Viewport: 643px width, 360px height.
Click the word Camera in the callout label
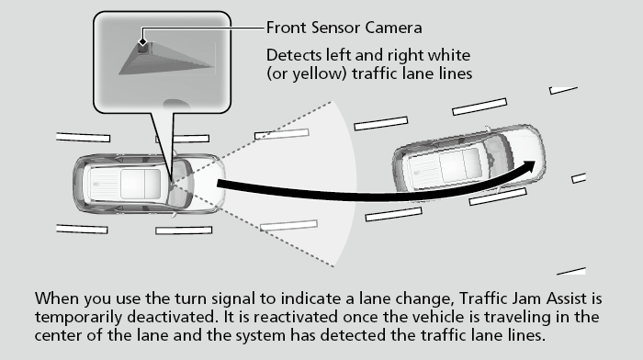(x=393, y=28)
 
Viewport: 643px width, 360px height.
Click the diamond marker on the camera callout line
(x=142, y=41)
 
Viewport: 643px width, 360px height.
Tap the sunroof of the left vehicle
(x=141, y=184)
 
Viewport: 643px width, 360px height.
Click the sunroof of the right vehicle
(x=460, y=164)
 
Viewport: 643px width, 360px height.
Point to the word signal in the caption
(x=236, y=298)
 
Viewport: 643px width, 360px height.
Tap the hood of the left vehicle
(x=208, y=184)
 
